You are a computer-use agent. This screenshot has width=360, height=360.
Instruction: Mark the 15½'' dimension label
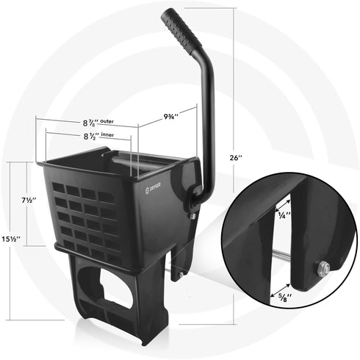[10, 240]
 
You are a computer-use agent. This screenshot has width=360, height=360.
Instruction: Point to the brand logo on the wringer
[147, 191]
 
